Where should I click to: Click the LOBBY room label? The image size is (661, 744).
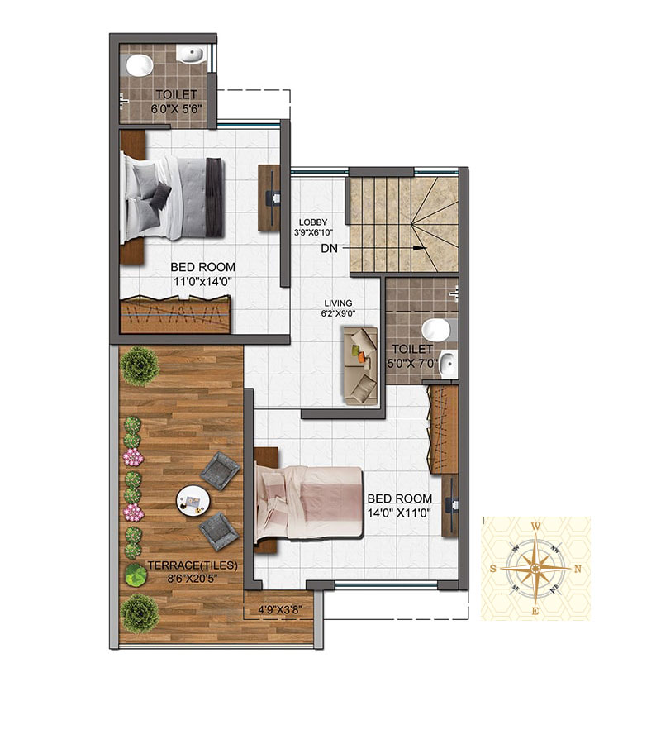coord(313,222)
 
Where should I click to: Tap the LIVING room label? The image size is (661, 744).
coord(338,303)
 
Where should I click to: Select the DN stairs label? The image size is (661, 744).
coord(329,248)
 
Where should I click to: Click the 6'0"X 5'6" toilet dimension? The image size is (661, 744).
coord(176,108)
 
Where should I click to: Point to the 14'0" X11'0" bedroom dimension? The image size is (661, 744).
coord(399,513)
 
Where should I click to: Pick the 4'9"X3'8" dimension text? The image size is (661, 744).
coord(280,610)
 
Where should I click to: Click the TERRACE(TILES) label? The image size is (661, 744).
coord(193,565)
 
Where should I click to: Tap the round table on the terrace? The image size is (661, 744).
coord(193,501)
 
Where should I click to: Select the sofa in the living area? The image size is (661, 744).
coord(360,366)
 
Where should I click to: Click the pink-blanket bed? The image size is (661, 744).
coord(309,503)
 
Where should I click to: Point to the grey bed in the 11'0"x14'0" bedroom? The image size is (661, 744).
coord(172,198)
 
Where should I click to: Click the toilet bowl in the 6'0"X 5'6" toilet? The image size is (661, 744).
coord(139,65)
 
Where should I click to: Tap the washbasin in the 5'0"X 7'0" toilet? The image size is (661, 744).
coord(447,364)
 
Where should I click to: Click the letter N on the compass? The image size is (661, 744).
coord(578,569)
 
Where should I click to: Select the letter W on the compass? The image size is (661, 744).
coord(535,526)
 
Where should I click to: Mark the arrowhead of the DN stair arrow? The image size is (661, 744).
coord(418,248)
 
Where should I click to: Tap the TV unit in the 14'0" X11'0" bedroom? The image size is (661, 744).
coord(450,508)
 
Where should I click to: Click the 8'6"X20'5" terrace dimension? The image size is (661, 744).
coord(193,579)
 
